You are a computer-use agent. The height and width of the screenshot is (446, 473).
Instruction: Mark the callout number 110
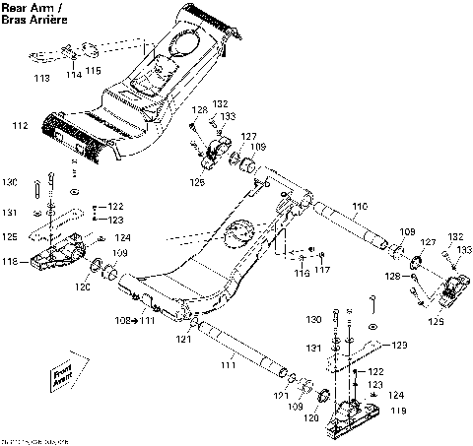357,205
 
